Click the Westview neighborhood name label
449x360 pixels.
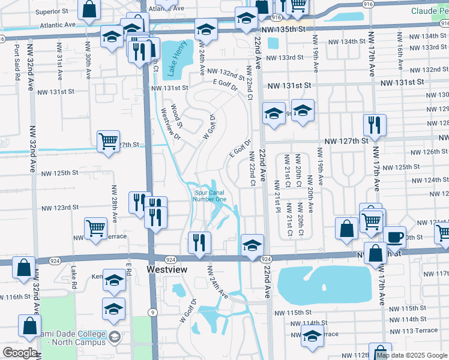pos(167,270)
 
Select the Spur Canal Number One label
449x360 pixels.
pos(209,196)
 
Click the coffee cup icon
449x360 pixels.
pos(396,236)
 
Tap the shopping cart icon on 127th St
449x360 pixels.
pos(108,142)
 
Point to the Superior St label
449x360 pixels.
pos(52,11)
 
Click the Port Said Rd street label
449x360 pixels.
pos(17,61)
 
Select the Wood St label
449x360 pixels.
pos(176,115)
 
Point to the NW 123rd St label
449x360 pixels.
pos(59,208)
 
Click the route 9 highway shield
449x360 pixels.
pos(153,312)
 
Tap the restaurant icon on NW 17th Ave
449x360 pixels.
pos(374,124)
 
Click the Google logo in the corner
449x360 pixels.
pos(20,353)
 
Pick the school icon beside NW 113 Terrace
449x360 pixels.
pos(312,338)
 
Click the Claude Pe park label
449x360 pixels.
pos(430,11)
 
